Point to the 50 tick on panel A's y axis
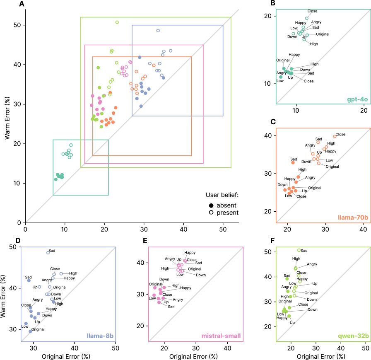coord(17,25)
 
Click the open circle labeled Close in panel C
coord(335,136)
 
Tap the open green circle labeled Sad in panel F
coord(299,250)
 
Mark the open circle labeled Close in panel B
coord(307,18)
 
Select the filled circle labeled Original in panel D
coord(30,331)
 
